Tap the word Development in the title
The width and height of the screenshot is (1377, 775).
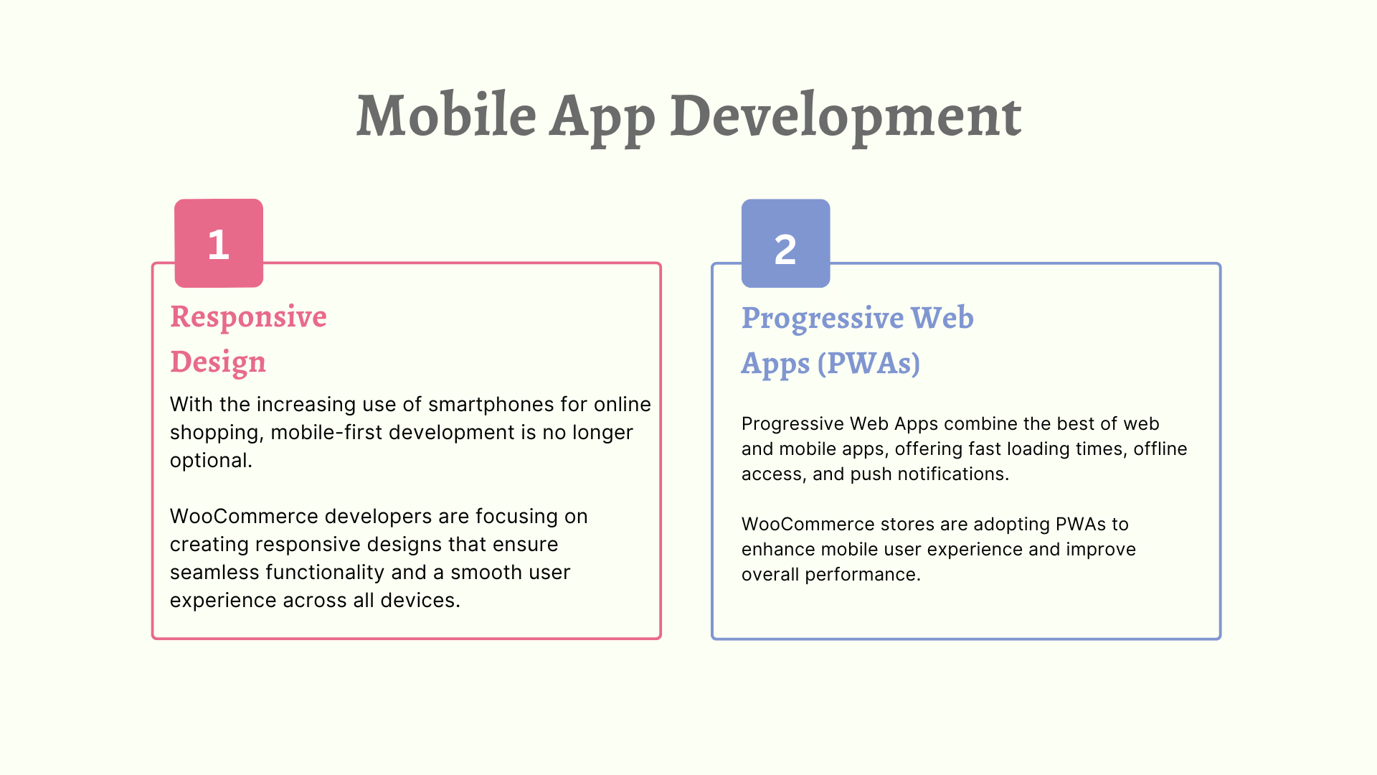point(846,119)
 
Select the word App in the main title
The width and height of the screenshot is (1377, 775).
point(602,119)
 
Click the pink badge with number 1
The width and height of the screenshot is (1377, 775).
point(219,243)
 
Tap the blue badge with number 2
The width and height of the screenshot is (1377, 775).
point(785,243)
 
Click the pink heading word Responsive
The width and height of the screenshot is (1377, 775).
point(248,317)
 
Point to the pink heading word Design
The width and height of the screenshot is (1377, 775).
point(218,362)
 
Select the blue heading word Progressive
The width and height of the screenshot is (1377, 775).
point(823,319)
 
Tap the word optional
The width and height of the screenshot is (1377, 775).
point(211,461)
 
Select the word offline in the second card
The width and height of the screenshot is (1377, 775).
point(1160,448)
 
